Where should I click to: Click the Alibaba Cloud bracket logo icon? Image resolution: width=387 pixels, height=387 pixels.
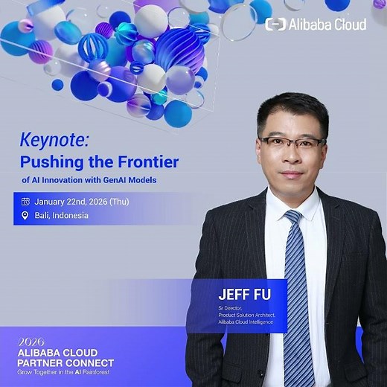coord(275,25)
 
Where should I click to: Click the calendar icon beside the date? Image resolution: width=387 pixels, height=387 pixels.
coord(25,201)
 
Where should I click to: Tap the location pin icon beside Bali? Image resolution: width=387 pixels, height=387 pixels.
coord(25,216)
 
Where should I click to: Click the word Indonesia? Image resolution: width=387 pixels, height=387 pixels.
coord(71,216)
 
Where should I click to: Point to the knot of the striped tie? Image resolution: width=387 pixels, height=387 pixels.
coord(292,219)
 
